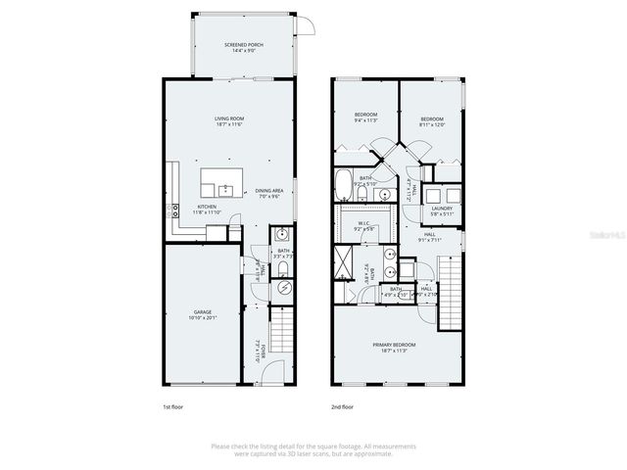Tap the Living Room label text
(x=229, y=119)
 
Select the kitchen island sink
(x=222, y=185)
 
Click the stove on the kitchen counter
(x=175, y=209)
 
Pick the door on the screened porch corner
(x=307, y=26)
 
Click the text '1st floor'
(x=172, y=405)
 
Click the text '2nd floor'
(x=342, y=405)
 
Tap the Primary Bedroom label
(x=394, y=345)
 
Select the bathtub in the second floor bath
(x=344, y=184)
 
